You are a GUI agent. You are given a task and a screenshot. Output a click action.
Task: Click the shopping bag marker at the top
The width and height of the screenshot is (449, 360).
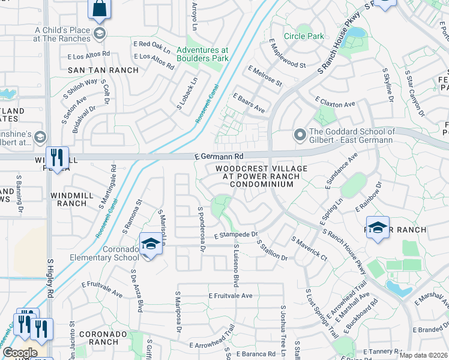pos(100,10)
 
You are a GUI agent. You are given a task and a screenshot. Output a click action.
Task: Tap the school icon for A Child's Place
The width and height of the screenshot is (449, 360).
pos(100,32)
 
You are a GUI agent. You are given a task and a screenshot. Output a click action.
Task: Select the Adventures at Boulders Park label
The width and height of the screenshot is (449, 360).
pos(202,55)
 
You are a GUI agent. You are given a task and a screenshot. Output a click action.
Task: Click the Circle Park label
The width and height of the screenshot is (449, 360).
pos(304,37)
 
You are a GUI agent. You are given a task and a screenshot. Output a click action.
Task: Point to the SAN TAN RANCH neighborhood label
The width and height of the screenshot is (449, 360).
pos(103,70)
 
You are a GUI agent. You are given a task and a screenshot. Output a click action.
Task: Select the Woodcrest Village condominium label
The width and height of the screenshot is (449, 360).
pos(261,176)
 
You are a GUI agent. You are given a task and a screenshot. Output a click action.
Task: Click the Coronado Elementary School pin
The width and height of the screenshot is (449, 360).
pos(150,245)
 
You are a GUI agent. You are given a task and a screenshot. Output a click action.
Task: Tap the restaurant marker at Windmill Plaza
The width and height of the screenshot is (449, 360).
pos(57,158)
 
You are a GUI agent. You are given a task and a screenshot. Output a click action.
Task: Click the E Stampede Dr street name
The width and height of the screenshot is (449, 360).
pos(235,235)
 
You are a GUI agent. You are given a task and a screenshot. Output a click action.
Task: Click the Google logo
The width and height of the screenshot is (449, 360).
pos(20,353)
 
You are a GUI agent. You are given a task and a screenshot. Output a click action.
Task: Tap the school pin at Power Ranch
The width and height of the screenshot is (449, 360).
pos(378,229)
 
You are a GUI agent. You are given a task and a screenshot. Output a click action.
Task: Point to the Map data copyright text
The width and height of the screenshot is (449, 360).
pos(423,355)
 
